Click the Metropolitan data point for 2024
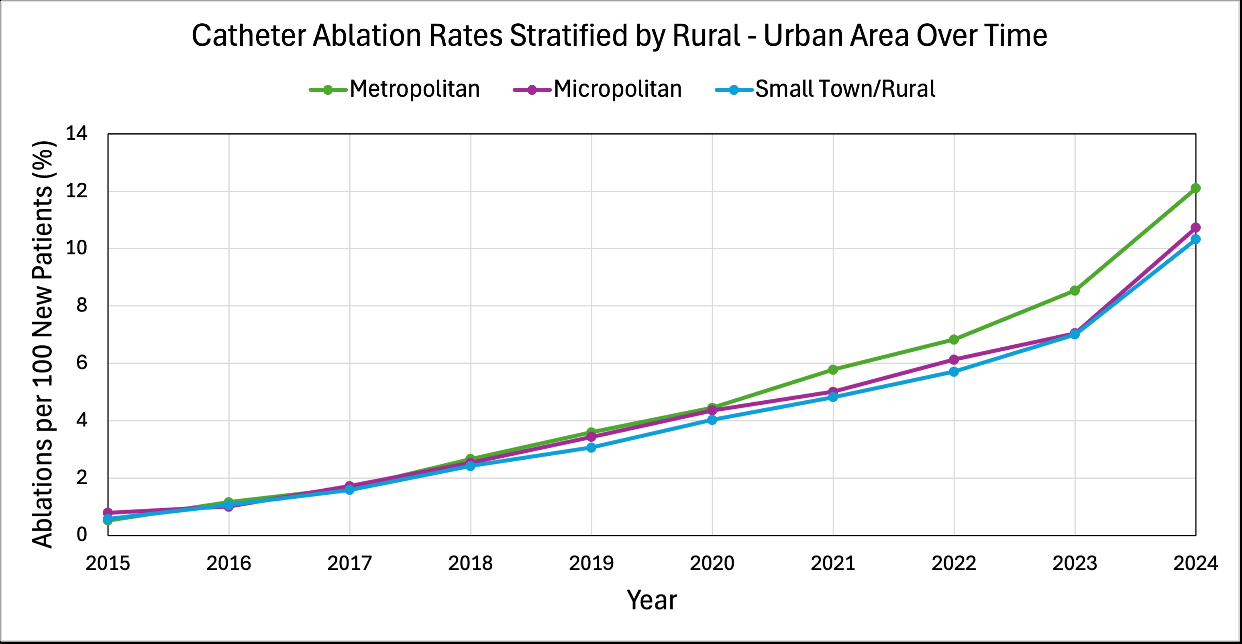tap(1195, 188)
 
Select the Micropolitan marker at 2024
tap(1195, 228)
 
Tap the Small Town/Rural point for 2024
tap(1195, 239)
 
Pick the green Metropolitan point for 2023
tap(1074, 291)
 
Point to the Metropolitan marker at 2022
tap(954, 340)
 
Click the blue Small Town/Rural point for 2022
tap(954, 372)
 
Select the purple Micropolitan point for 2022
tap(954, 360)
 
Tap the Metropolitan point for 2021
tap(833, 370)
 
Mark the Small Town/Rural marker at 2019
tap(591, 447)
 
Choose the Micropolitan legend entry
tap(598, 89)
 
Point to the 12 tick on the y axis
tap(77, 191)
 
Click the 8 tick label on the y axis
tap(82, 306)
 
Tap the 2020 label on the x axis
tap(712, 563)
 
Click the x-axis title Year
tap(651, 600)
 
